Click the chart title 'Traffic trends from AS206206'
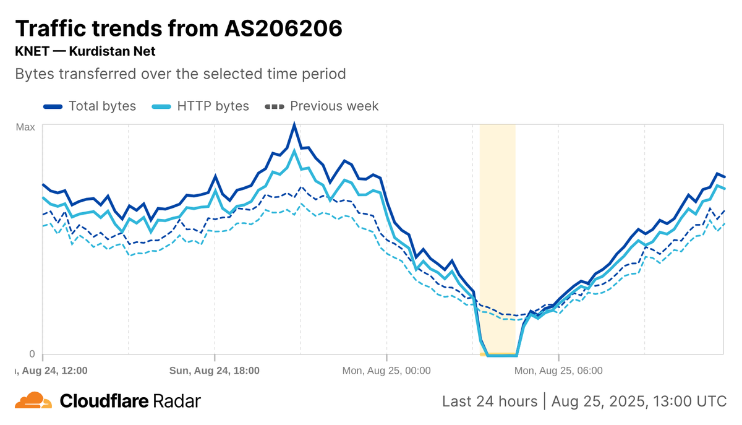click(x=178, y=28)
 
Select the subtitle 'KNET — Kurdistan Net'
click(x=85, y=51)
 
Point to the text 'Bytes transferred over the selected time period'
click(x=180, y=74)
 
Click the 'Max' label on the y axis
click(x=25, y=127)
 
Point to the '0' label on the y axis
click(x=32, y=354)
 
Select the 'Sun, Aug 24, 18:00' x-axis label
click(x=214, y=371)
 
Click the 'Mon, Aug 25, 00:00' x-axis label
click(x=386, y=371)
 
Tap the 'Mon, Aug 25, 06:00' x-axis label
click(x=558, y=371)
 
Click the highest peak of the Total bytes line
click(x=294, y=125)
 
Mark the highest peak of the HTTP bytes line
click(x=295, y=150)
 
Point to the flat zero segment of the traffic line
click(x=501, y=355)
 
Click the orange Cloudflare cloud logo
click(x=33, y=401)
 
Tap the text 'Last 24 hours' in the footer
click(x=490, y=401)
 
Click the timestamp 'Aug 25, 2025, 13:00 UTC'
click(x=639, y=401)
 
